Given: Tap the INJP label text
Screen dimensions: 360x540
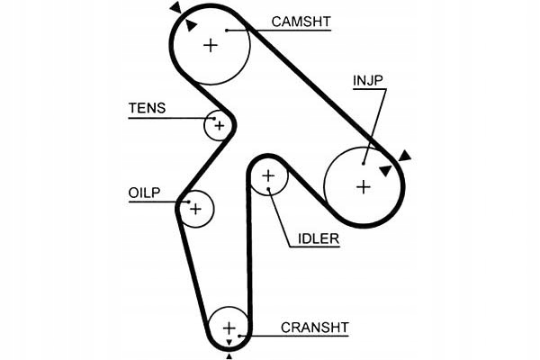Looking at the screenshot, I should coord(368,81).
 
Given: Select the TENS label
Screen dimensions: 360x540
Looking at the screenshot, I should coord(147,108).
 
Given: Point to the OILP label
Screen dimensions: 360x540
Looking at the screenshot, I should coord(144,193).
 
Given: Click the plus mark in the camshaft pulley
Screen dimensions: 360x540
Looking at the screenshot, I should coord(211,45).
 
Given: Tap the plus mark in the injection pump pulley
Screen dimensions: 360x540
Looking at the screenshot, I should coord(363,187).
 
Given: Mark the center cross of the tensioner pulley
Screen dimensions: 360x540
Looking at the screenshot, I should coord(218,125).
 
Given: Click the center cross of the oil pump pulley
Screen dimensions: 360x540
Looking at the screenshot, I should coord(195,209).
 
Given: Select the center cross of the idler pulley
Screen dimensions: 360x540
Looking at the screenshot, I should coord(267,176).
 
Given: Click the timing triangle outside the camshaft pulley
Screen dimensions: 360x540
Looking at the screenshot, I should coord(176,8).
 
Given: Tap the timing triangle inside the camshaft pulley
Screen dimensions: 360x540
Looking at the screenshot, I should coord(192,25).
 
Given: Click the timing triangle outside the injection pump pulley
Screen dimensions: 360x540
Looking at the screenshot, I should coord(405,156).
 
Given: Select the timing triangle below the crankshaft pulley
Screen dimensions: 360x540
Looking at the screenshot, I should coord(229,357).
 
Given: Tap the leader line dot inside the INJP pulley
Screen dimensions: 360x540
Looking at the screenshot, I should coord(364,163).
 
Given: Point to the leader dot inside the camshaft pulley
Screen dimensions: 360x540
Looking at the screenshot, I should coord(229,30).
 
